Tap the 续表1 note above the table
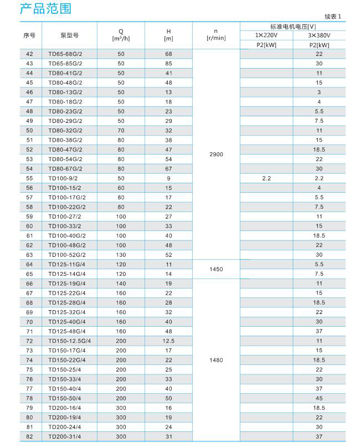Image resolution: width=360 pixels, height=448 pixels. click(x=334, y=18)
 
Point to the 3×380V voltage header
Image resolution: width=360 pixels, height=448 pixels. click(x=318, y=35)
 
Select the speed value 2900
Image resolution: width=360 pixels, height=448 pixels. click(x=217, y=155)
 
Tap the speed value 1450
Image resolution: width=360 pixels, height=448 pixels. click(x=217, y=269)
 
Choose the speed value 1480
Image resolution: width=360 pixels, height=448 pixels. click(x=217, y=360)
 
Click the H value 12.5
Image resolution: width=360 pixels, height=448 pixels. click(x=169, y=341)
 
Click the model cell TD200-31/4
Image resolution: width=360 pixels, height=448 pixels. click(x=64, y=436)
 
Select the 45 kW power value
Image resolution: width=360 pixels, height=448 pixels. click(x=319, y=398)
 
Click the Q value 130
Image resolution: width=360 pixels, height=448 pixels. click(x=121, y=255)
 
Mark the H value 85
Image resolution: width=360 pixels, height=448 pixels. click(x=169, y=63)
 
